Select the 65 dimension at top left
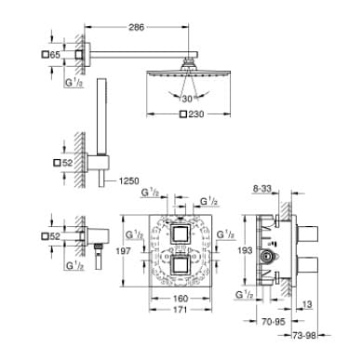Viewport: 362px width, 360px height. point(55,56)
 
